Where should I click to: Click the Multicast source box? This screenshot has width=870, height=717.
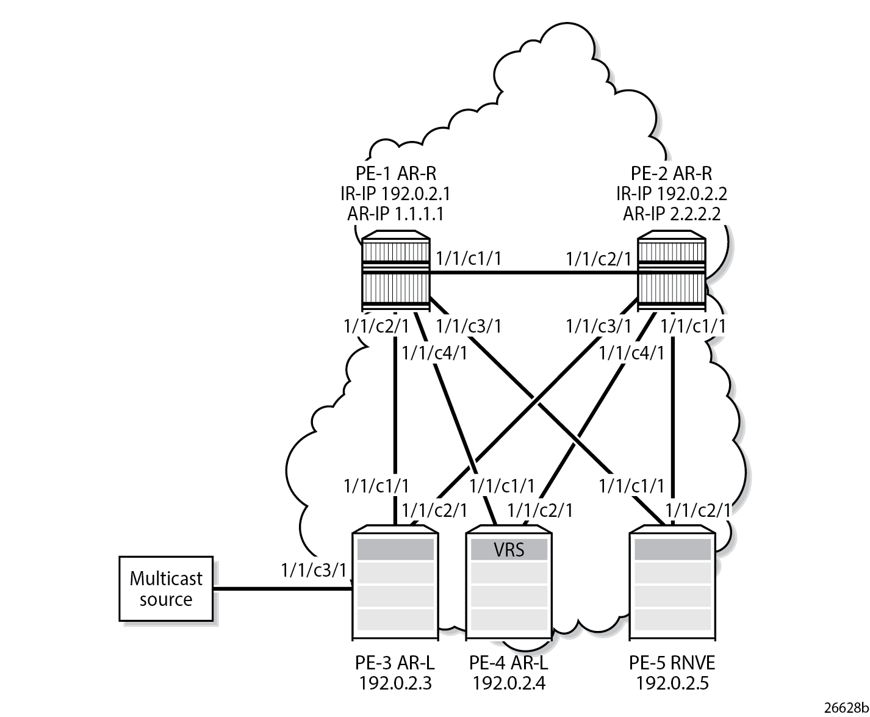click(x=165, y=588)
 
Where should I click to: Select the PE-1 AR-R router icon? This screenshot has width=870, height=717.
click(x=396, y=273)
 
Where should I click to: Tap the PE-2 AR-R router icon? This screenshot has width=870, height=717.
click(x=671, y=273)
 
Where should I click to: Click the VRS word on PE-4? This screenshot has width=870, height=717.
click(x=509, y=550)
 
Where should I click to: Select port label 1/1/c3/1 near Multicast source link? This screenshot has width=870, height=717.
click(x=314, y=570)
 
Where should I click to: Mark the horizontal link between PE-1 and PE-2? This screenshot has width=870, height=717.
click(x=534, y=273)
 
